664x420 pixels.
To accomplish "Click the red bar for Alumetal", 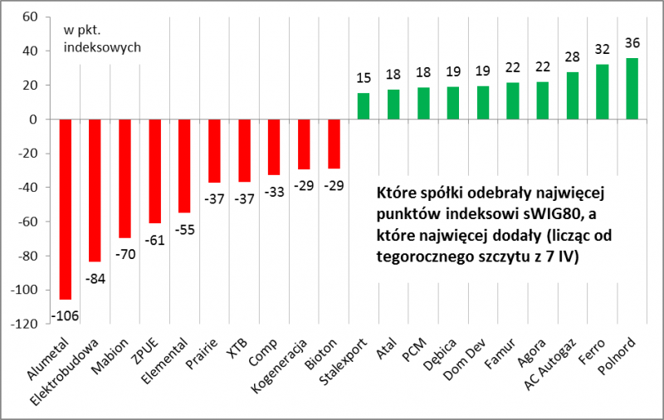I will click(66, 208).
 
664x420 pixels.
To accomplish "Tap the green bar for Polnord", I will click(632, 89).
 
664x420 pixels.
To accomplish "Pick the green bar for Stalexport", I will click(363, 106).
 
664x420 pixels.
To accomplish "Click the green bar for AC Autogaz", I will click(572, 95).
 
